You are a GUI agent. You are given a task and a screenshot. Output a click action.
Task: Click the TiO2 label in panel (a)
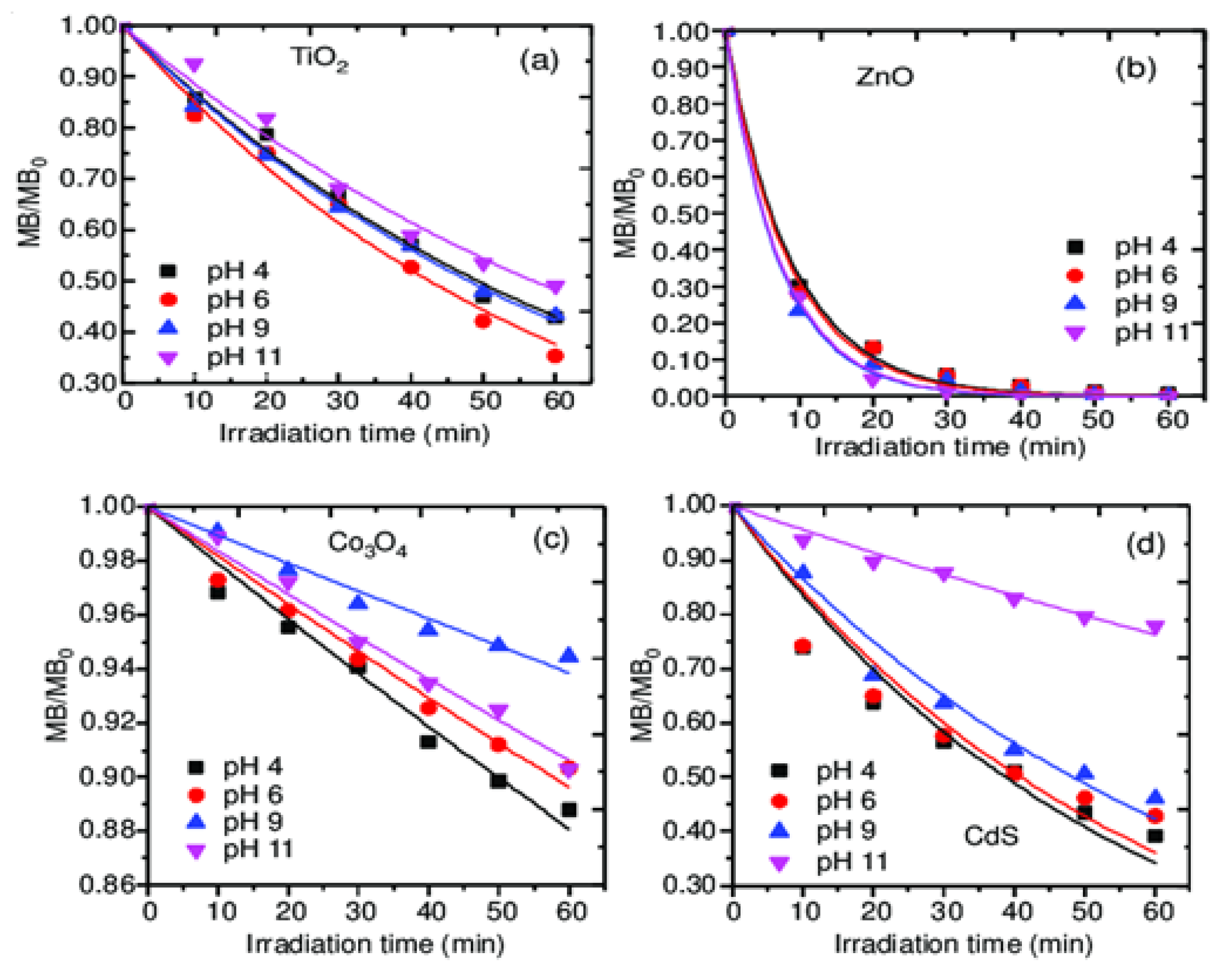320,59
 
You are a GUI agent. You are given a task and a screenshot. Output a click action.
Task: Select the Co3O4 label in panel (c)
367,544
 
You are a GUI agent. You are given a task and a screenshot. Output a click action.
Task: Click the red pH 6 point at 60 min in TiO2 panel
555,356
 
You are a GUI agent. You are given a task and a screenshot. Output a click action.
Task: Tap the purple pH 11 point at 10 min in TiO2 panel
194,65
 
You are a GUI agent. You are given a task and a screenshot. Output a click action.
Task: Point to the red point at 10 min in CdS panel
802,646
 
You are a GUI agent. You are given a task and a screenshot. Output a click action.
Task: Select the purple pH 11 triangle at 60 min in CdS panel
1155,628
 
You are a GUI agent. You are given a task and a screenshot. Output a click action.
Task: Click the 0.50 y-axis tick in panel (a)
88,281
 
